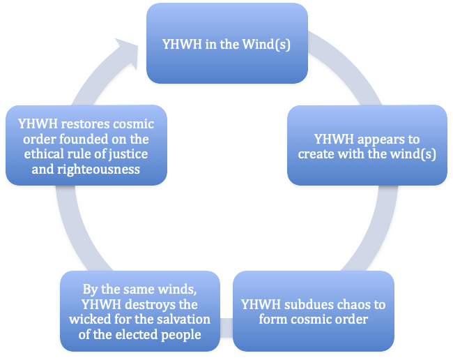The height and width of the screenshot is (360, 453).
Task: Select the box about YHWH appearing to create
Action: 367,145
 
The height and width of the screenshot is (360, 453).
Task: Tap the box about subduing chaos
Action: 313,311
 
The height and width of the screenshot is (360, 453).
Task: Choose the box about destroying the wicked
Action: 139,311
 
